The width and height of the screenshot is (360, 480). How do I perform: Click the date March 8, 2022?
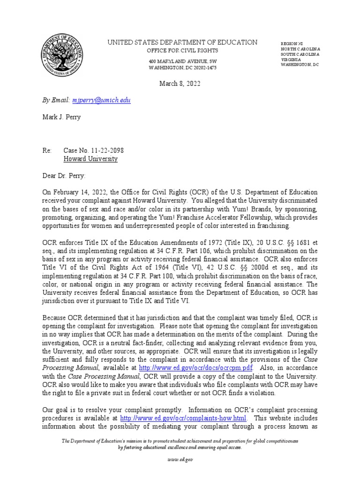tap(180, 84)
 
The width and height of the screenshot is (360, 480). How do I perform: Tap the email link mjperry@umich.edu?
tap(101, 100)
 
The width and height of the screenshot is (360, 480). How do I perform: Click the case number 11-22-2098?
tap(94, 150)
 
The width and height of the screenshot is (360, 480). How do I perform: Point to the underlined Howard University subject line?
tap(90, 159)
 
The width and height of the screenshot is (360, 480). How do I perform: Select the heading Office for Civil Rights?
tap(182, 51)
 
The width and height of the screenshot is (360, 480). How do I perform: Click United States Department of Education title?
tap(182, 42)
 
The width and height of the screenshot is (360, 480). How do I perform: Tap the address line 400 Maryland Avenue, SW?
tap(182, 61)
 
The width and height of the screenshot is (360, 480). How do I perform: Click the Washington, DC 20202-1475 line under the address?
tap(182, 67)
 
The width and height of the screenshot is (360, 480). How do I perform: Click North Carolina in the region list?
tap(300, 49)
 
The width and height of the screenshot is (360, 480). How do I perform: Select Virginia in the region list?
tap(291, 60)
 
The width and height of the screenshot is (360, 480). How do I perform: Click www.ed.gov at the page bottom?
tap(180, 460)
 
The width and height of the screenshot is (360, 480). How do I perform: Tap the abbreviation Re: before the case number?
tap(46, 150)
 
